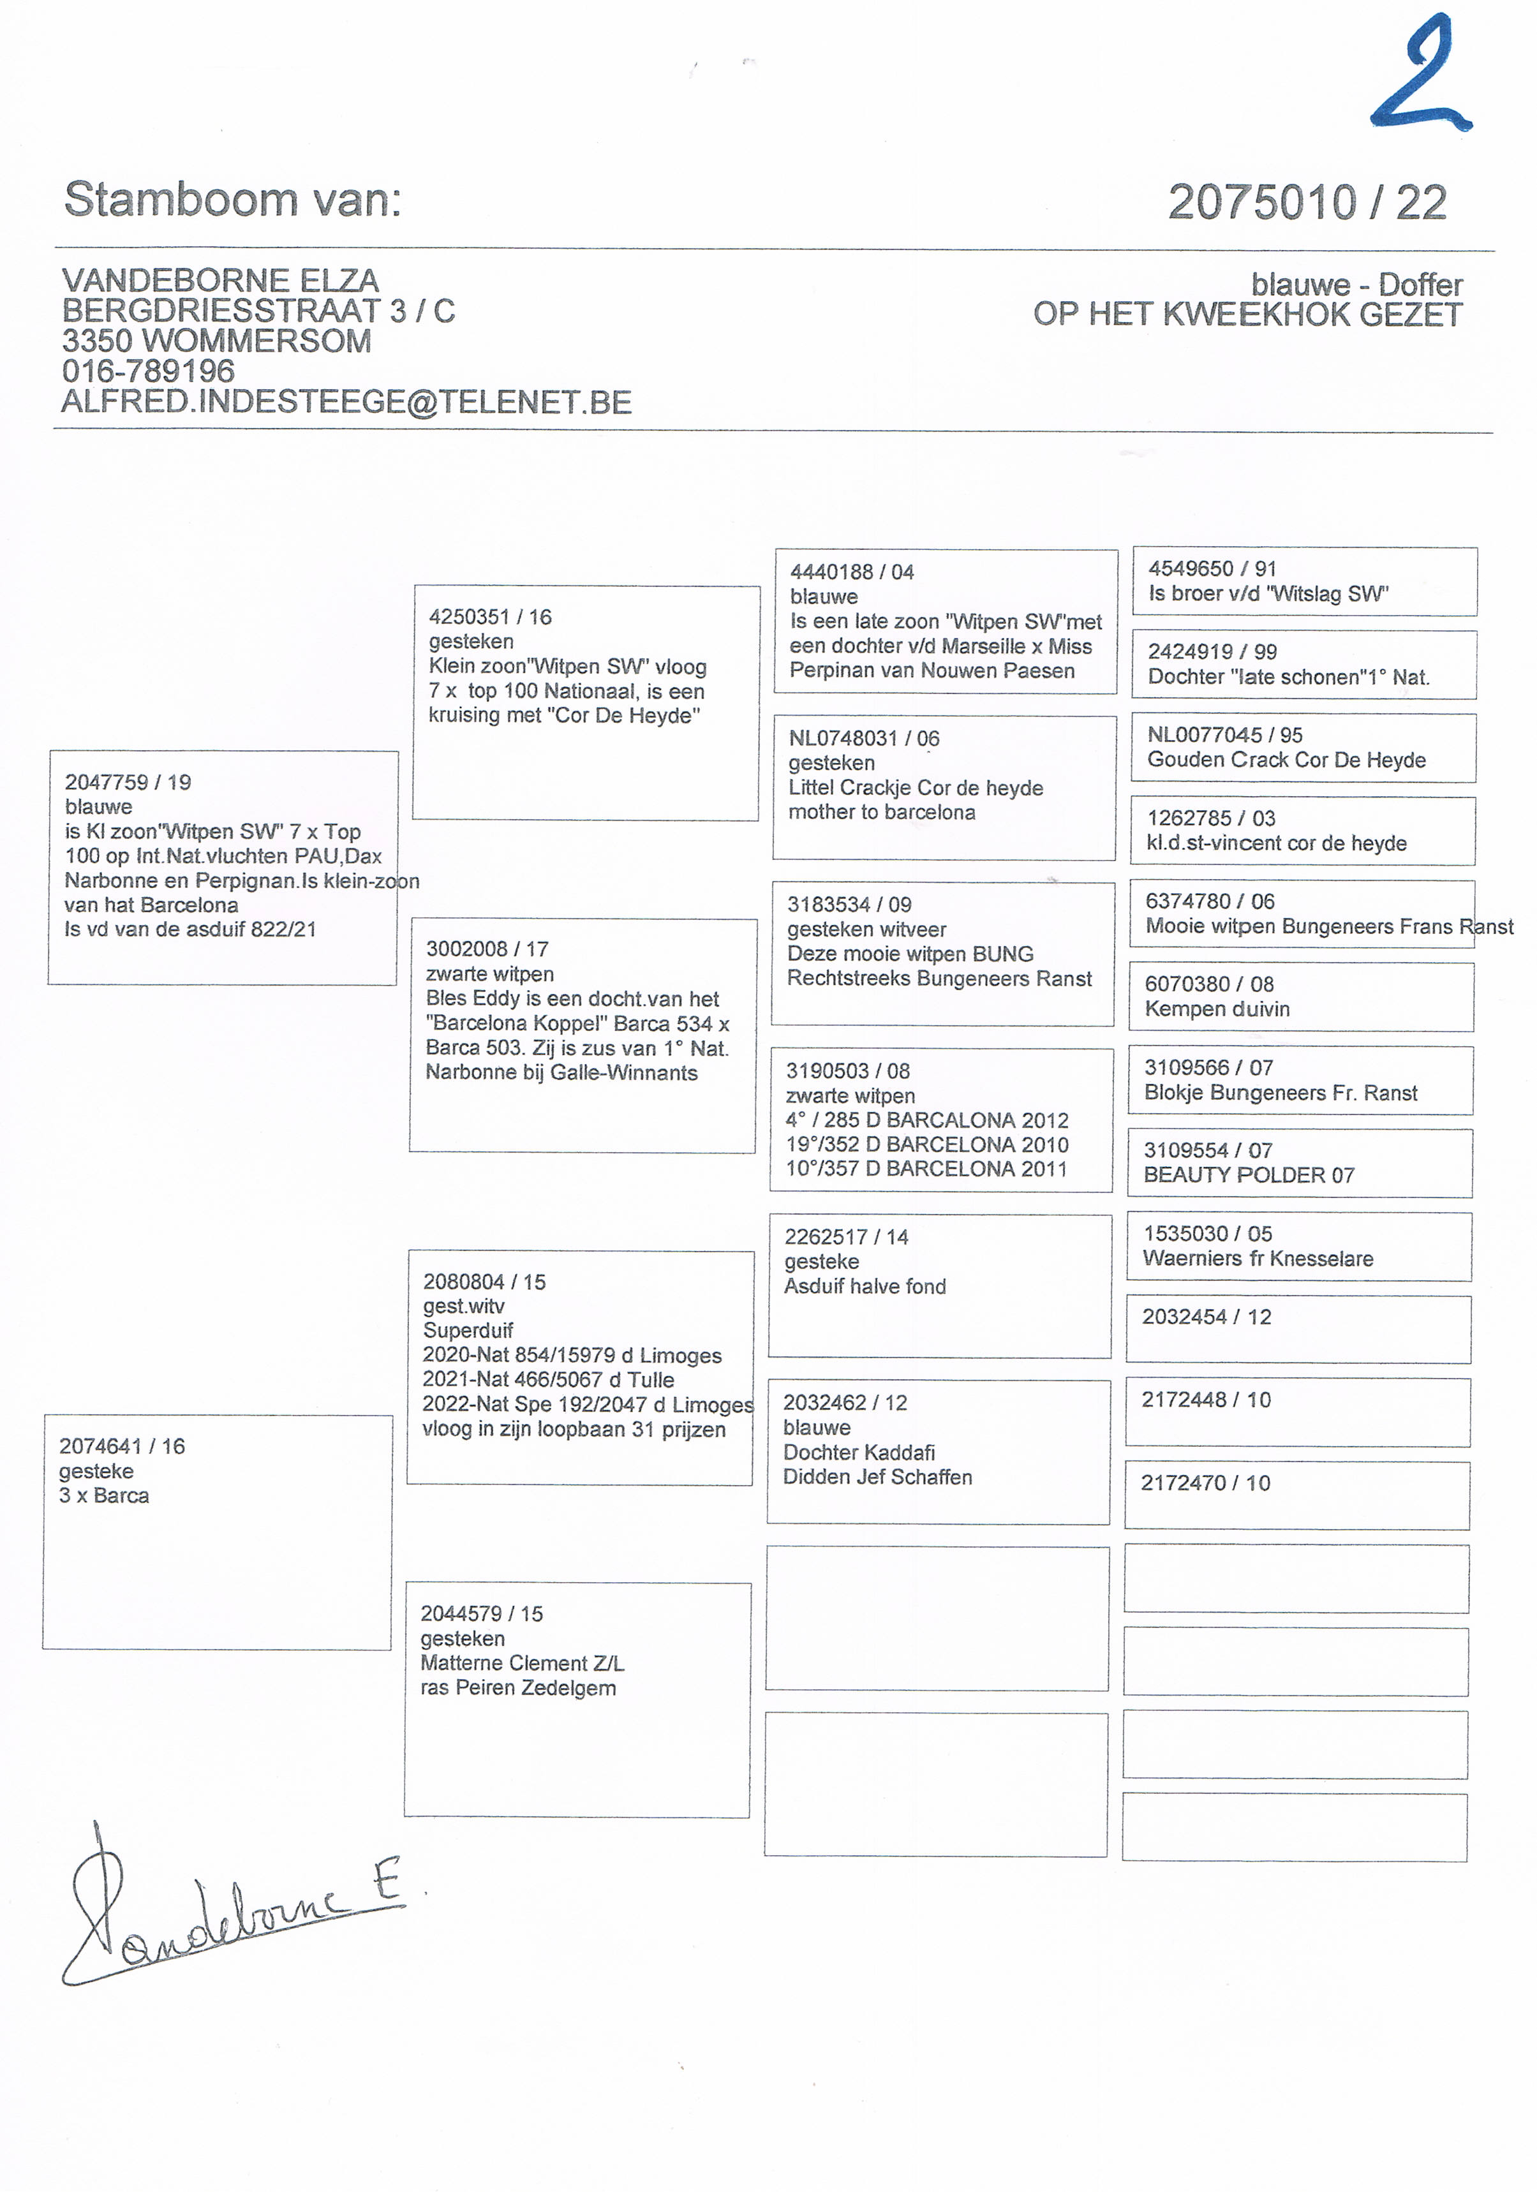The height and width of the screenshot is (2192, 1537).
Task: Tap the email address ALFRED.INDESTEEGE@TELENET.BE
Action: [346, 402]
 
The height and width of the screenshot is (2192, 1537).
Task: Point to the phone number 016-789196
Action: [148, 371]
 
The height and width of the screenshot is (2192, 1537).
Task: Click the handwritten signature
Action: [229, 1909]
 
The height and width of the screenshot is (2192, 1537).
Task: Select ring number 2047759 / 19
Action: [128, 782]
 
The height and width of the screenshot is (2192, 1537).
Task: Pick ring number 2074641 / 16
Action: [123, 1446]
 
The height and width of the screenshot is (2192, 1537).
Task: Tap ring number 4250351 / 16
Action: [490, 617]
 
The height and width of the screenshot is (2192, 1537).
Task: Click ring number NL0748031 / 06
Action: [863, 738]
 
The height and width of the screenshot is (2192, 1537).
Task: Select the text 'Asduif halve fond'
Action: [865, 1286]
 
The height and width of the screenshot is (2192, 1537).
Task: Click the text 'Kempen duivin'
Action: [1217, 1009]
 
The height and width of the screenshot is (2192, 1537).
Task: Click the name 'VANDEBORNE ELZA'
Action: [221, 281]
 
